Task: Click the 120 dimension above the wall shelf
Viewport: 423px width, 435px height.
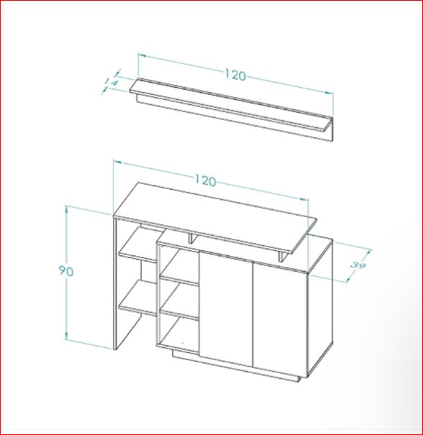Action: (x=235, y=75)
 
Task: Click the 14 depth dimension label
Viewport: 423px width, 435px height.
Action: (x=112, y=83)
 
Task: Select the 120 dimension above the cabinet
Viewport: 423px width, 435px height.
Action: (x=206, y=180)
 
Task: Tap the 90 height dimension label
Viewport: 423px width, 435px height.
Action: (x=66, y=271)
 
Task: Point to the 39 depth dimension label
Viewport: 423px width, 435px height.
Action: (x=358, y=265)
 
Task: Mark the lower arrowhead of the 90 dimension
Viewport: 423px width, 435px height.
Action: (x=66, y=336)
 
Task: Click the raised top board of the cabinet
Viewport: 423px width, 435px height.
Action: (x=215, y=218)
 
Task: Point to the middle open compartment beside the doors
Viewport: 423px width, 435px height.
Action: (x=180, y=296)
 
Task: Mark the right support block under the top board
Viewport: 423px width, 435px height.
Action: (x=283, y=257)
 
